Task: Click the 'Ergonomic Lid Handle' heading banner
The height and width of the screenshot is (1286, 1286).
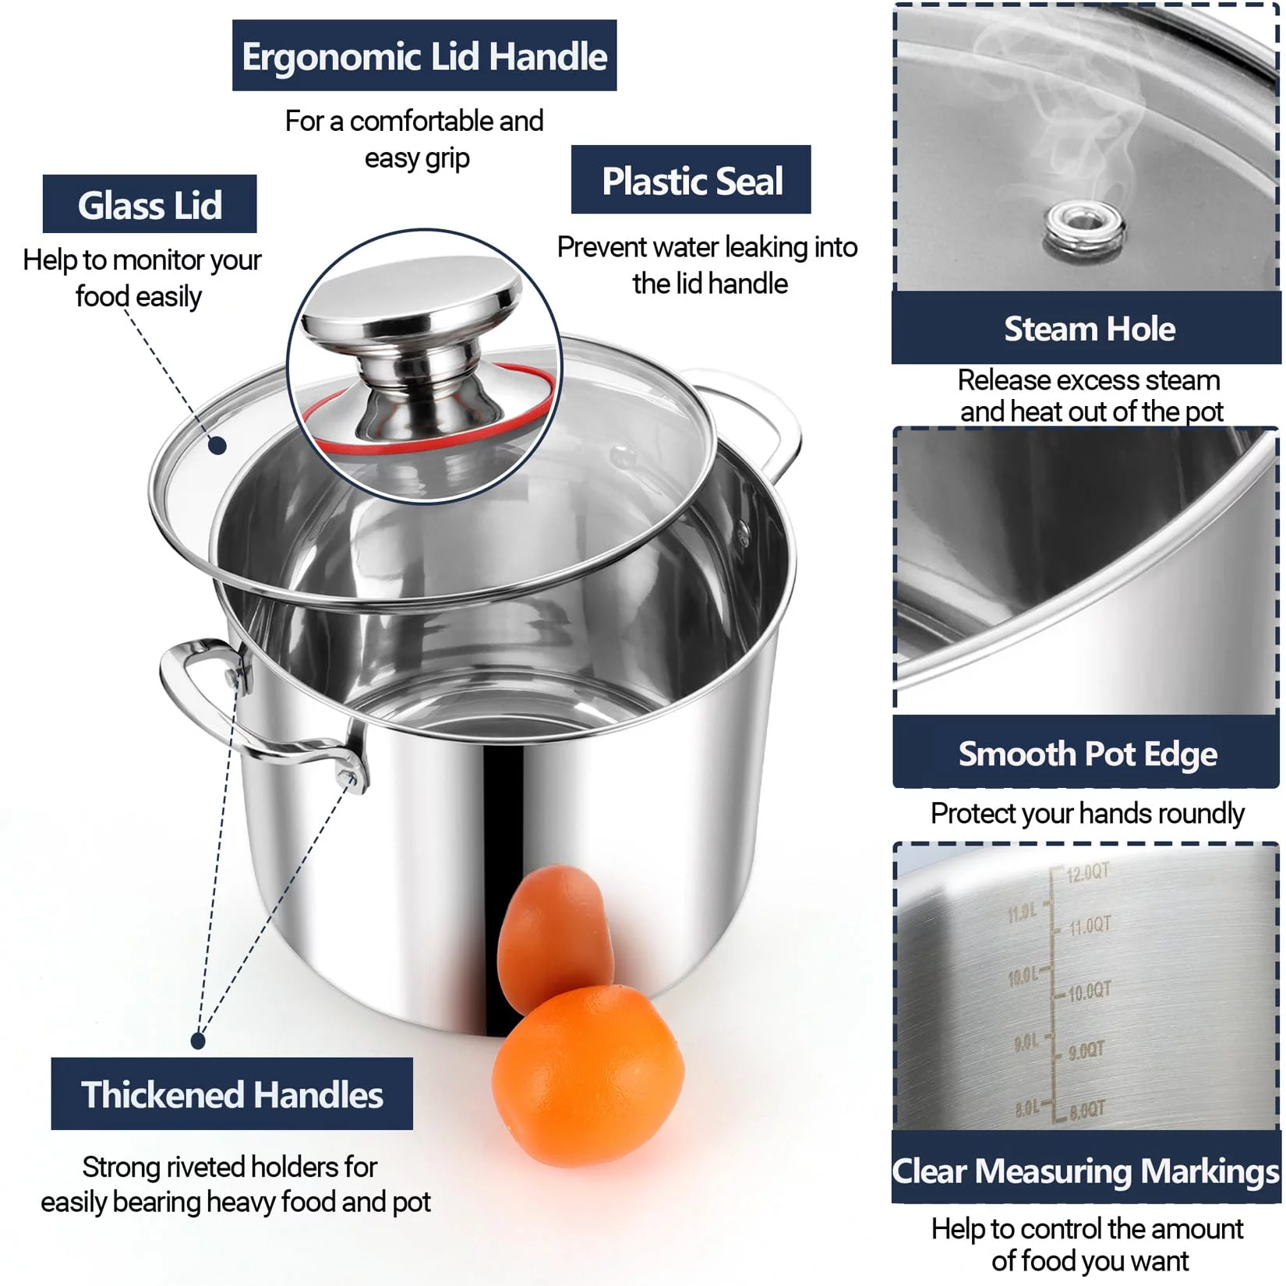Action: tap(424, 55)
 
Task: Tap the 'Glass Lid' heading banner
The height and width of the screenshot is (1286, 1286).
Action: tap(150, 204)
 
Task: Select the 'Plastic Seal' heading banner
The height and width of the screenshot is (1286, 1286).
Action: tap(691, 179)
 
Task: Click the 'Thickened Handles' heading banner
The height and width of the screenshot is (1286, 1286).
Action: tap(231, 1093)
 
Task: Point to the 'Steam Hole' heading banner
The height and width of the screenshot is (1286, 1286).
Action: tap(1087, 328)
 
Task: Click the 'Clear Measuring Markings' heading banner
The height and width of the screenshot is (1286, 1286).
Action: tap(1086, 1169)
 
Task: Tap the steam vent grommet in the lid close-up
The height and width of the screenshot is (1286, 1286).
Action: tap(1084, 225)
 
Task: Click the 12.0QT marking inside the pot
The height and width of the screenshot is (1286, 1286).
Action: tap(1087, 872)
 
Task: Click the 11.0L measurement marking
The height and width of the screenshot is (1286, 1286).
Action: tap(1022, 913)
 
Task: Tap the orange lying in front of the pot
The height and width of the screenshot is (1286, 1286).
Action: tap(588, 1076)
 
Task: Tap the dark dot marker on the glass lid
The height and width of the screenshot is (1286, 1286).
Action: tap(217, 446)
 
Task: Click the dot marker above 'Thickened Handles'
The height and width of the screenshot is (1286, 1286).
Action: tap(198, 1040)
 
